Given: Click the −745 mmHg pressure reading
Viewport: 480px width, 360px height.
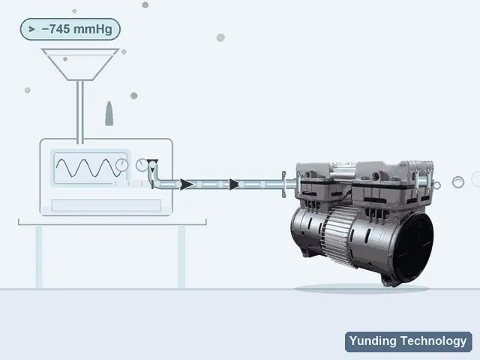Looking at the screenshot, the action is [76, 29].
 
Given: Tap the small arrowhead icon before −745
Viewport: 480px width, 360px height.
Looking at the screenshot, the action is [31, 29].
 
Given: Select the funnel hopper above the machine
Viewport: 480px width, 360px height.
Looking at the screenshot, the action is [80, 64].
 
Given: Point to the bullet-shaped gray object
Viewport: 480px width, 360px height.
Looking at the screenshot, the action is [109, 113].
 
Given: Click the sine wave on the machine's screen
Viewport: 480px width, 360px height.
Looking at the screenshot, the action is [87, 168].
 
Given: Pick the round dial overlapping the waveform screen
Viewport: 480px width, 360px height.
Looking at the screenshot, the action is [121, 165].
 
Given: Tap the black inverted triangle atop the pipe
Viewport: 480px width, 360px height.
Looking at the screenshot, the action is [152, 162].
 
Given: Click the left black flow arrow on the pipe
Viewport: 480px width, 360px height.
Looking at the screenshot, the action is [187, 184].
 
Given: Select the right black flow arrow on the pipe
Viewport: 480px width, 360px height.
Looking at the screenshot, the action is [234, 184].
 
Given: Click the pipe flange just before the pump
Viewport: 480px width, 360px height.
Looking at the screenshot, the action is [283, 184].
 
